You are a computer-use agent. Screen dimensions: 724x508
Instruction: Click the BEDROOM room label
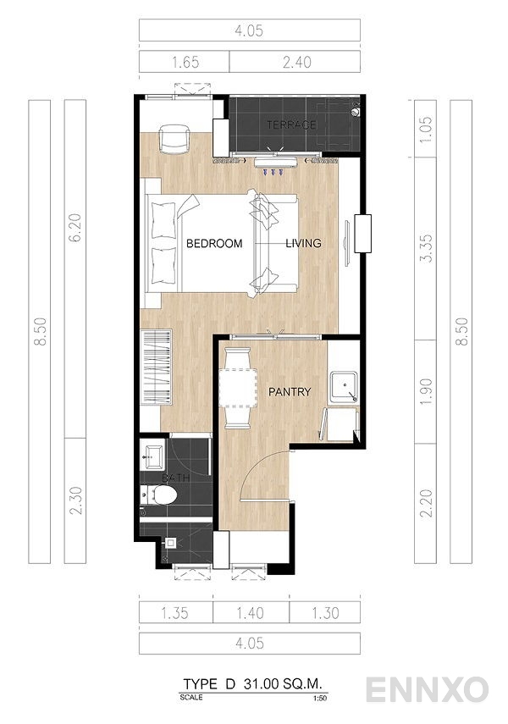tap(213, 244)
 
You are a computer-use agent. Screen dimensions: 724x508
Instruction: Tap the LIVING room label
tap(303, 244)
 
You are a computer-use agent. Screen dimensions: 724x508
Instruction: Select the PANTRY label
tap(290, 392)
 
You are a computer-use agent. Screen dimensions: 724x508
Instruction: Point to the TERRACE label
tap(291, 125)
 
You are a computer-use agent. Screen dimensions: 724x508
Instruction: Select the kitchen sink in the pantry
tap(344, 386)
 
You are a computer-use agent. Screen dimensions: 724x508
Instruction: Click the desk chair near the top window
tap(174, 140)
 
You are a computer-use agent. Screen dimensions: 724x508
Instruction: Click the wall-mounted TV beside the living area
tap(362, 235)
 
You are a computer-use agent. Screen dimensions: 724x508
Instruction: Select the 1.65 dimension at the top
tap(184, 62)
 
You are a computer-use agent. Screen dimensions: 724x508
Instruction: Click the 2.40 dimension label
tap(294, 62)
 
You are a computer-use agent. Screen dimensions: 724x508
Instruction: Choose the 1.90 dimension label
tap(426, 389)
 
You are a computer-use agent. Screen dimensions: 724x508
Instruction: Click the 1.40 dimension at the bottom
tap(251, 611)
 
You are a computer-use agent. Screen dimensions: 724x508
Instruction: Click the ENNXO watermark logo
tap(427, 689)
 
